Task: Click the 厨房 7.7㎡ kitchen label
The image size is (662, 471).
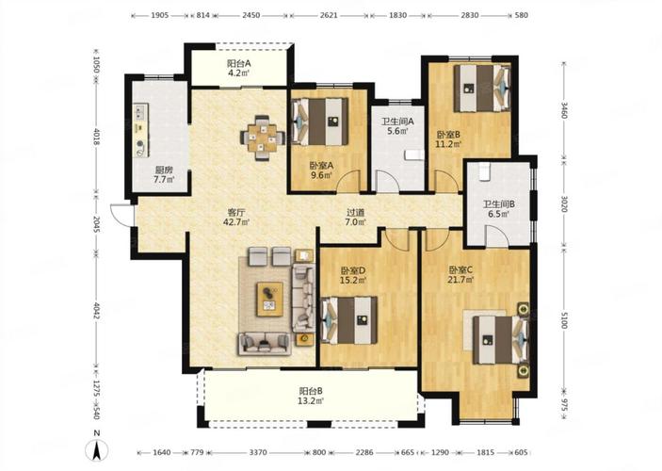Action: point(164,174)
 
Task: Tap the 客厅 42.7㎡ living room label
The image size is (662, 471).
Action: point(236,217)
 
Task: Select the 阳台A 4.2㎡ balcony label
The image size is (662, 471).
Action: point(238,68)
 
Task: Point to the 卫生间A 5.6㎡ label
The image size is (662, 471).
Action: point(397,126)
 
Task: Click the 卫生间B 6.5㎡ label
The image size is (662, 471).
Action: point(498,209)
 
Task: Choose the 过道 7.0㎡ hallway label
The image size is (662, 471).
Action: point(356,217)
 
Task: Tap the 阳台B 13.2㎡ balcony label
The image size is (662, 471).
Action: point(311,396)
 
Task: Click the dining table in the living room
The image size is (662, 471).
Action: point(262,138)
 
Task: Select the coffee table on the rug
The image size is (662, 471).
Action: point(270,299)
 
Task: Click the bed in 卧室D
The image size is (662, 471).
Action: point(348,319)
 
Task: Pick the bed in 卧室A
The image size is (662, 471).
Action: point(319,122)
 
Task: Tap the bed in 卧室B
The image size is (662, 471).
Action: point(482,88)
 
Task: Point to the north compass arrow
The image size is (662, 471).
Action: point(97,450)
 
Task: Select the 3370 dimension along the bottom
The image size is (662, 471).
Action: point(257,452)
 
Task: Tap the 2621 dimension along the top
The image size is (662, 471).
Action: point(329,15)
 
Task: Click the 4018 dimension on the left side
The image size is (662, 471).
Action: point(96,137)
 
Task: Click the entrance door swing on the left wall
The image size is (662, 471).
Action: point(121,215)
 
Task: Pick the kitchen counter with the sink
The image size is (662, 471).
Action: point(140,131)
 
